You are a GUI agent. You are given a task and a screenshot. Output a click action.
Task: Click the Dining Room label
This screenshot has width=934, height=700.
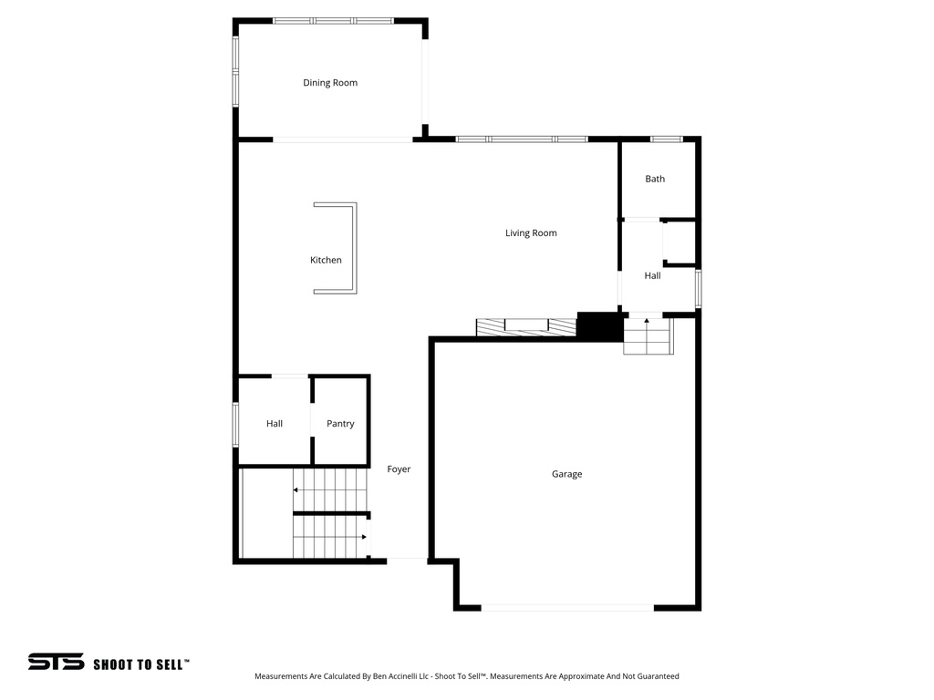point(330,83)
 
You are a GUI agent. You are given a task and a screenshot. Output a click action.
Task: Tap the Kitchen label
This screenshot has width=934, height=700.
point(326,261)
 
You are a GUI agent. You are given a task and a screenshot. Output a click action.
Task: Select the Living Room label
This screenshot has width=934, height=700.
point(531,233)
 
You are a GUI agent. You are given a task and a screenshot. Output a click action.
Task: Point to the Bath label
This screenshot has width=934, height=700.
point(655,179)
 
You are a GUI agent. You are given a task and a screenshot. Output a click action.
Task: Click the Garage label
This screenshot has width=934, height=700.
point(566,474)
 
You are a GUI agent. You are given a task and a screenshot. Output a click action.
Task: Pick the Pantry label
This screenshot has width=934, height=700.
point(340,424)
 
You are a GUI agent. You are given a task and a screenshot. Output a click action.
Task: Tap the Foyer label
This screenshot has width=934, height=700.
point(399,469)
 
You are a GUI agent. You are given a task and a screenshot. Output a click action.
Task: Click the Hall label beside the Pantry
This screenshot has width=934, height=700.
point(275,424)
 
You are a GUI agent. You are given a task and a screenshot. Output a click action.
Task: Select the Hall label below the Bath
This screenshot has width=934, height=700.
point(652,275)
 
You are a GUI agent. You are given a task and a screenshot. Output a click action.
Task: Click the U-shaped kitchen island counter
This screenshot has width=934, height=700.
point(352,248)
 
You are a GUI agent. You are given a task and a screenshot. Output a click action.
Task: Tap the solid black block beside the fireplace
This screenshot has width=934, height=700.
point(599,327)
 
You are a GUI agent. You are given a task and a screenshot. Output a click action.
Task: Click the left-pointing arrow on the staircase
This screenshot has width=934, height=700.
point(296,490)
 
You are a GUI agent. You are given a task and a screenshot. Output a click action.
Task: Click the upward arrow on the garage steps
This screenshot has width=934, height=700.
point(648,322)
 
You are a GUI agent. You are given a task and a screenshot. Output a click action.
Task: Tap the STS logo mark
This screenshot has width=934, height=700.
point(56,662)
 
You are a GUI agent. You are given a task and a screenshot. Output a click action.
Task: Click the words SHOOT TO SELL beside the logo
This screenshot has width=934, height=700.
point(140,664)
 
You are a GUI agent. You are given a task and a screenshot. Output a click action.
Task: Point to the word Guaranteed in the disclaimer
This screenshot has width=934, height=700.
point(655,676)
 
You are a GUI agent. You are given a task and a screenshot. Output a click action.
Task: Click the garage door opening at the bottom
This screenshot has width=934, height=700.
point(566,607)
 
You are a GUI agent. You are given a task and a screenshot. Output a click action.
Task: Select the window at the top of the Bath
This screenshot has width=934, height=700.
point(666,139)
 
